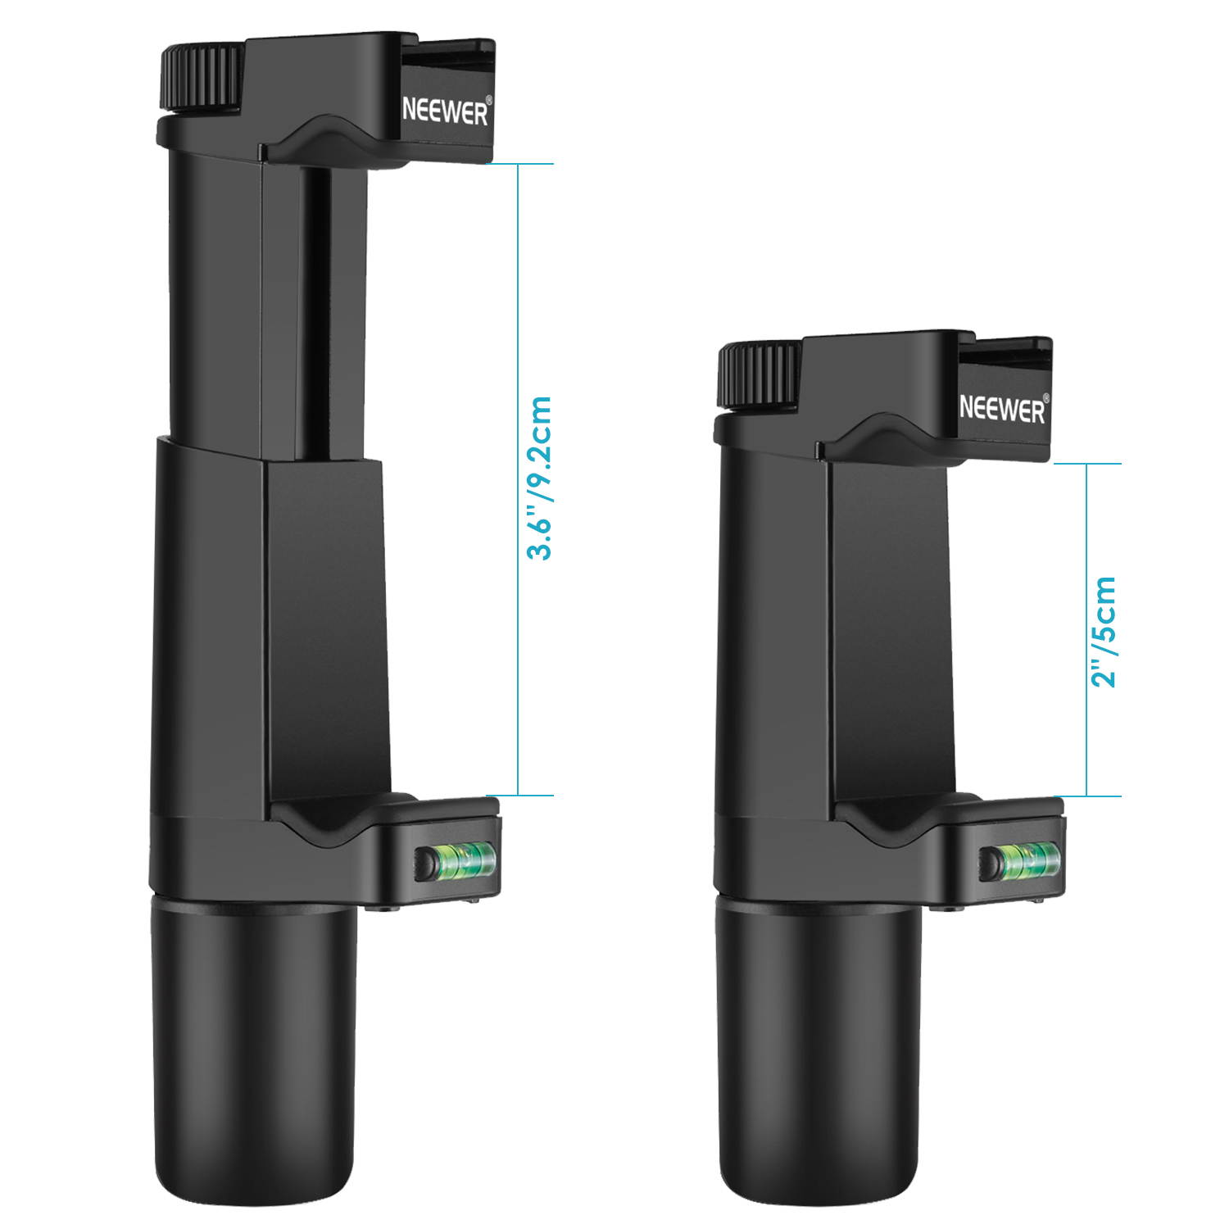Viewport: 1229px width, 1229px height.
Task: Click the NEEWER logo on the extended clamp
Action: pos(445,111)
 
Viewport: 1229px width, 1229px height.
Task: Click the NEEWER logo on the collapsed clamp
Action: pos(1001,408)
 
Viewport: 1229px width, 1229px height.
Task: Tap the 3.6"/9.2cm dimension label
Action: pos(539,478)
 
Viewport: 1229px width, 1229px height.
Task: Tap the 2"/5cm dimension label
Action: pos(1104,631)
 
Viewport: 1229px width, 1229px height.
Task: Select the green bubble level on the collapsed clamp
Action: pos(1028,859)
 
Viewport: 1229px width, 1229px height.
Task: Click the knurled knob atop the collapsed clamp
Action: pos(759,374)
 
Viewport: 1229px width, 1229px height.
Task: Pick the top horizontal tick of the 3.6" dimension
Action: pos(519,164)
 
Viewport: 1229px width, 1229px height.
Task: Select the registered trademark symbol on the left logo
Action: pos(489,101)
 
